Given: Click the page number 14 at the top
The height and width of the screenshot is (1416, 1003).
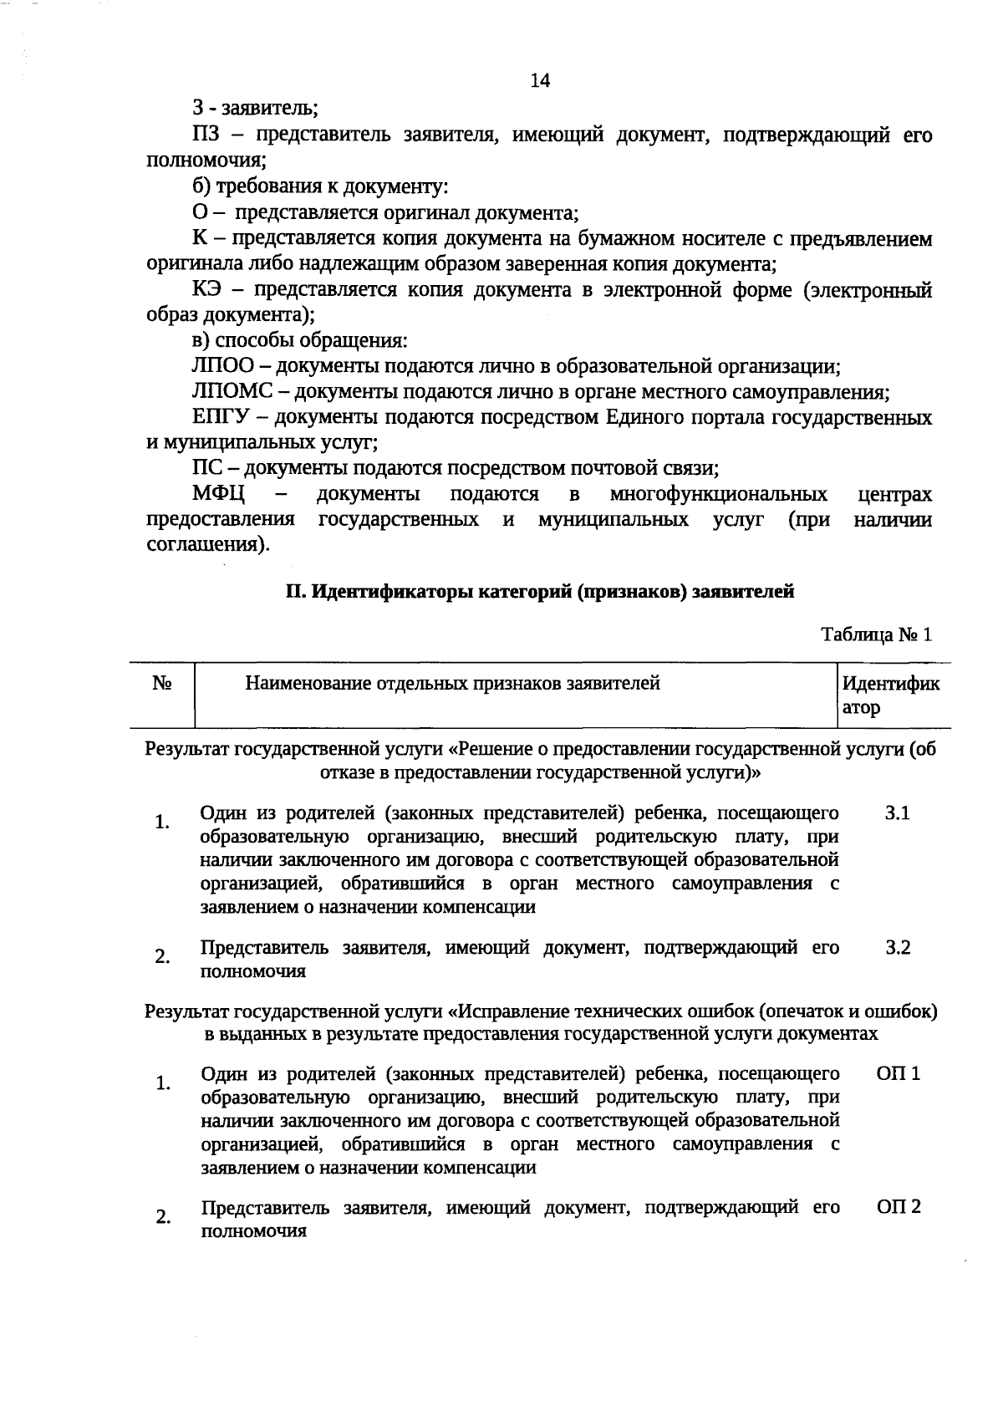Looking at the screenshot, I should coord(540,80).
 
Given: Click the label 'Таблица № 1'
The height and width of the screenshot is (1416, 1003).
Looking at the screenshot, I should coord(876,634).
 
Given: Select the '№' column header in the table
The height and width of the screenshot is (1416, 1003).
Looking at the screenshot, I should coord(163,684).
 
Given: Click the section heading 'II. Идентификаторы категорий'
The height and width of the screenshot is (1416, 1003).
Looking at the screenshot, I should coord(539,592).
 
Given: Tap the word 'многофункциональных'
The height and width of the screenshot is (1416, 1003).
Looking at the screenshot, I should coord(718,494).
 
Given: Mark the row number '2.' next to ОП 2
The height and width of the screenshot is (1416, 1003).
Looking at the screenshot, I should coord(162,1217).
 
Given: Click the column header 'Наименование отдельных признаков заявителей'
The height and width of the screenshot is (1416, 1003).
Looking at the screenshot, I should coord(452,684).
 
